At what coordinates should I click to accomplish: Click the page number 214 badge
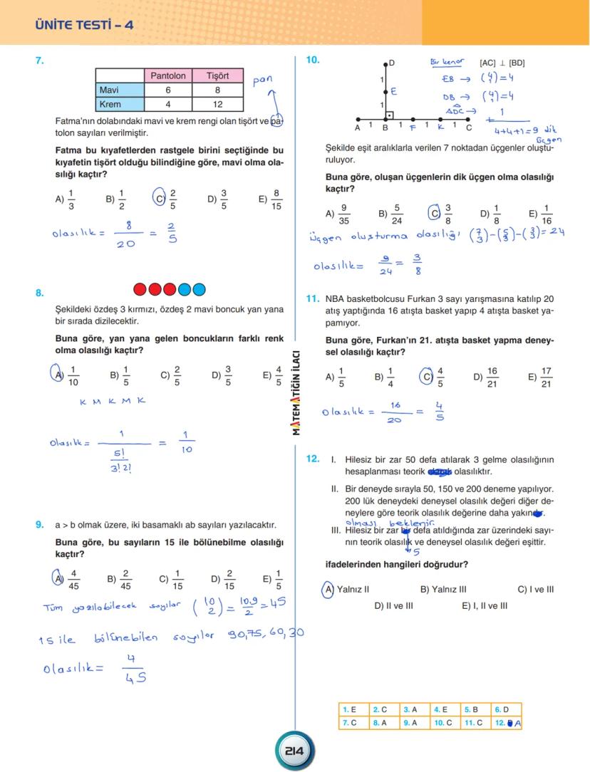(294, 751)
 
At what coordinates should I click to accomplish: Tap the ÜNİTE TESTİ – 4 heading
(84, 26)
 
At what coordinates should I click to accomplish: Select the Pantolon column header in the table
(167, 75)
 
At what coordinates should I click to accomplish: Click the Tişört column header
(217, 75)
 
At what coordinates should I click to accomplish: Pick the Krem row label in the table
(110, 104)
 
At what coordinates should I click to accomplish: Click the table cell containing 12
(217, 104)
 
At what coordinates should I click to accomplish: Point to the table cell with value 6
(167, 90)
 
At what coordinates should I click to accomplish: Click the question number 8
(40, 292)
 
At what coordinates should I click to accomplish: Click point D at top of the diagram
(385, 64)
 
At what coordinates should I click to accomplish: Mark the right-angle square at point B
(389, 115)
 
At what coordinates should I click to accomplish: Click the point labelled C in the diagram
(469, 120)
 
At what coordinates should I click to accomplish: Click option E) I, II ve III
(485, 606)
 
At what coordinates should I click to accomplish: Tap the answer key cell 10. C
(443, 722)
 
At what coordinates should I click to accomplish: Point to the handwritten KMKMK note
(113, 401)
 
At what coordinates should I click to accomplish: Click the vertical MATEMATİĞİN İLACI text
(296, 395)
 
